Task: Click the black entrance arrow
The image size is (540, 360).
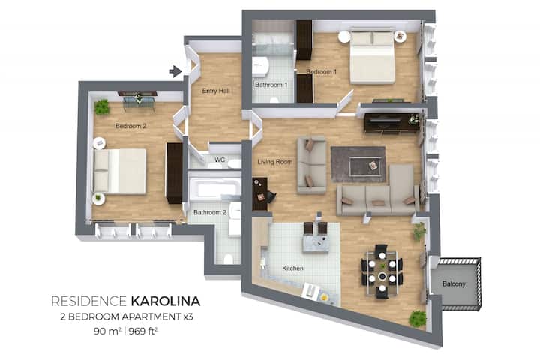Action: [175, 71]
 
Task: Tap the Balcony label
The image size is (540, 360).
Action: [454, 283]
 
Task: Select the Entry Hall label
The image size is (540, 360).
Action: [216, 91]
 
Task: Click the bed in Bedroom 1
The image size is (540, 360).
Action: [372, 57]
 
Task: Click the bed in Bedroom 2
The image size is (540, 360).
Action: [119, 171]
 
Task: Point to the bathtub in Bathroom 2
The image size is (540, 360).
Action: [215, 188]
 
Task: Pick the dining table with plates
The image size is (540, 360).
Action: [382, 272]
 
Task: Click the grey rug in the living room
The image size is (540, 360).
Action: [358, 164]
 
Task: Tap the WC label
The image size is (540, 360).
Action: [220, 160]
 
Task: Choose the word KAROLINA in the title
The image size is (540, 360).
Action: [166, 301]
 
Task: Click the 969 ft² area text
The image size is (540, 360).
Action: [143, 331]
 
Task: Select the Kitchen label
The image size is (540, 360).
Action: [292, 268]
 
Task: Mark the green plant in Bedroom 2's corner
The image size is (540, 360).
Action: [101, 107]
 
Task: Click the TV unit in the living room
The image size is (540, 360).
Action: [391, 122]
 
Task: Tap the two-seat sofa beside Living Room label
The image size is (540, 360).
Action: [312, 165]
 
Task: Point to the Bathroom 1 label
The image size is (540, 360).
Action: [271, 85]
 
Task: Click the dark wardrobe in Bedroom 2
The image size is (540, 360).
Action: [175, 173]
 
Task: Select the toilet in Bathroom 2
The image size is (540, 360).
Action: [228, 258]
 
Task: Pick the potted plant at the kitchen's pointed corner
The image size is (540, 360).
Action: [418, 318]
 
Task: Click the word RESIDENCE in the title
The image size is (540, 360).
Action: [88, 301]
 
